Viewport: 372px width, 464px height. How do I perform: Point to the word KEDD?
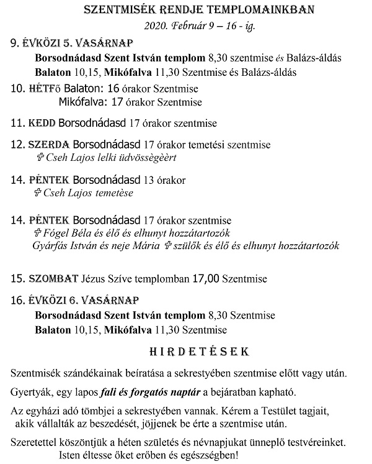(43, 122)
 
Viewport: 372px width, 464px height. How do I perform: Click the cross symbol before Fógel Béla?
(36, 232)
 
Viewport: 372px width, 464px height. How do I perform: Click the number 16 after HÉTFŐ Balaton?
(113, 88)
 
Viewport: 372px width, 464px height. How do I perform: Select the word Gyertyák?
(32, 393)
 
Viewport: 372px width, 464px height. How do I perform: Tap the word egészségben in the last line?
(206, 455)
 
